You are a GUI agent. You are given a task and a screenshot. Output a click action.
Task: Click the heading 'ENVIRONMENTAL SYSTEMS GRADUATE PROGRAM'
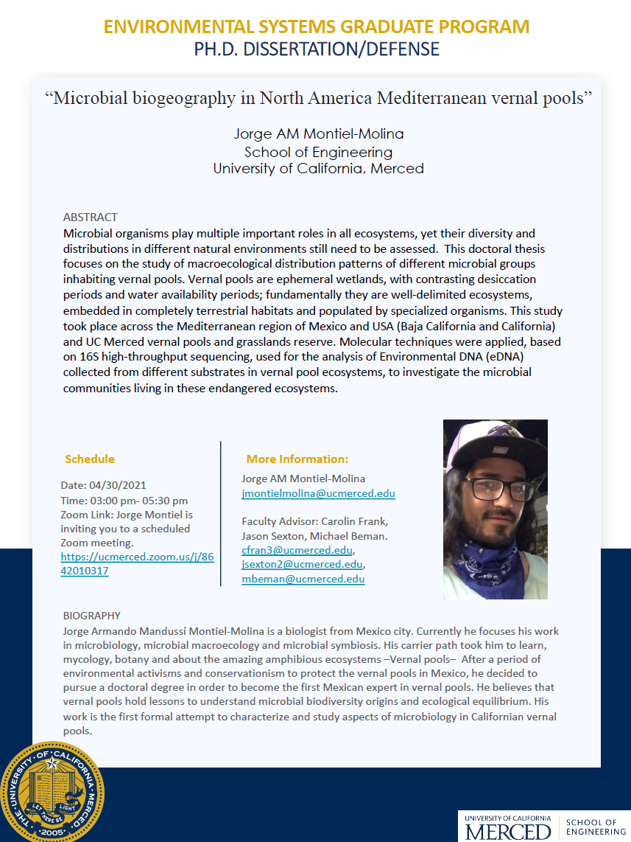click(317, 27)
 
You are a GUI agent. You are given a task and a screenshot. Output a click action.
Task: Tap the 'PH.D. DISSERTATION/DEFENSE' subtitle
click(317, 49)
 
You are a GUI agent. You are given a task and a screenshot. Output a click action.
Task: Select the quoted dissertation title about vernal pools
click(318, 97)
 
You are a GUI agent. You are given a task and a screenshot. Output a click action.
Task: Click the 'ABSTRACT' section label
click(90, 218)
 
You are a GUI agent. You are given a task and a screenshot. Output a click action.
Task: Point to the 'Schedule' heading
click(90, 459)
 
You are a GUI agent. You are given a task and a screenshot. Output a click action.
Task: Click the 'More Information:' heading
click(297, 459)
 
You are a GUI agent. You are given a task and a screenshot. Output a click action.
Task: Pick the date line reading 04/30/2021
click(104, 485)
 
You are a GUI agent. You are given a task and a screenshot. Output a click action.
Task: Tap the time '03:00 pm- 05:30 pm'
click(124, 501)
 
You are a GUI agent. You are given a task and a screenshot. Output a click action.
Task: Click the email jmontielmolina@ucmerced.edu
click(318, 493)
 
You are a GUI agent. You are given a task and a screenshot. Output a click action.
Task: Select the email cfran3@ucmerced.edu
click(297, 550)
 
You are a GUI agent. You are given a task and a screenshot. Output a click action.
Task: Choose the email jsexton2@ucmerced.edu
click(302, 565)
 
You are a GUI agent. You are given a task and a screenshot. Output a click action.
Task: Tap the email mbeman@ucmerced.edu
click(303, 579)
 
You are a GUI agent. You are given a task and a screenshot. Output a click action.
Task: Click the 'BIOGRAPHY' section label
click(92, 616)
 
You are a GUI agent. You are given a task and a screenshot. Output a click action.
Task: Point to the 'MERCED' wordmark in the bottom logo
click(508, 831)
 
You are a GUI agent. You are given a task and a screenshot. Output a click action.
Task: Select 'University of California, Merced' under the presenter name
click(318, 168)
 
